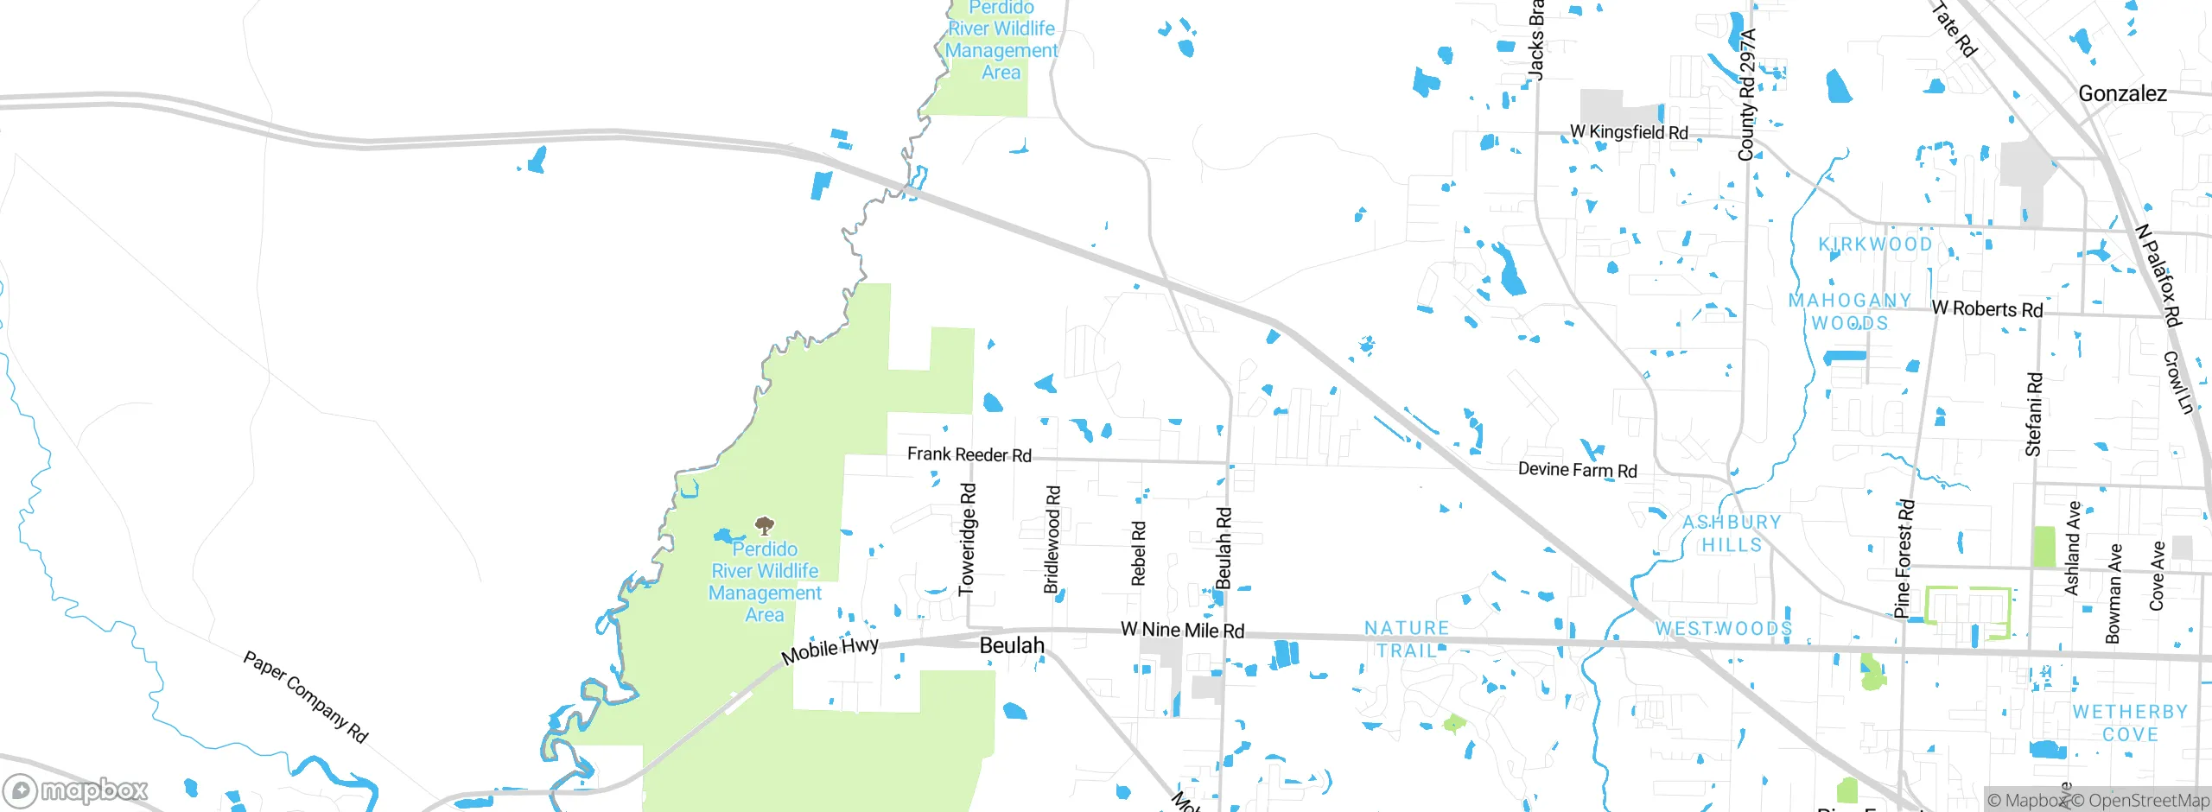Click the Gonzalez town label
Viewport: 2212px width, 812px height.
coord(2122,94)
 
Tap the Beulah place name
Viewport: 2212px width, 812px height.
coord(1012,646)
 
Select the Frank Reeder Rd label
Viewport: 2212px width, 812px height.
coord(969,454)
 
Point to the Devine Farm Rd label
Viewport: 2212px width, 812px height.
coord(1577,470)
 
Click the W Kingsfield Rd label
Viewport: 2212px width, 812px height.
coord(1629,132)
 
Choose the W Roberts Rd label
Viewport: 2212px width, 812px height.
coord(1986,308)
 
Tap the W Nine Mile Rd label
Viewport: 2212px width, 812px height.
coord(1182,630)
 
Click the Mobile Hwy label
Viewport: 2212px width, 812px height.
coord(829,650)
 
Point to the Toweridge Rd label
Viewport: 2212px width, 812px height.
coord(968,539)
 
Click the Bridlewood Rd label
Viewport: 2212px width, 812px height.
coord(1052,539)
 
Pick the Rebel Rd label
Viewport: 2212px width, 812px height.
coord(1138,553)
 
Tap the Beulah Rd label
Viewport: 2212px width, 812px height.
coord(1223,549)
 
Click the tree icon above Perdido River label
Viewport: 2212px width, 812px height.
coord(764,525)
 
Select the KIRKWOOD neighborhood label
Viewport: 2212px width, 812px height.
coord(1875,244)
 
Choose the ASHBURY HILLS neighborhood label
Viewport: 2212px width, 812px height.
coord(1732,533)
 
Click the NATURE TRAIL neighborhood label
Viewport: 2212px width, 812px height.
coord(1407,639)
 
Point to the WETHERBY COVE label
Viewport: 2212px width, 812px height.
coord(2130,723)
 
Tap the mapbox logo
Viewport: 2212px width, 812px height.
coord(76,790)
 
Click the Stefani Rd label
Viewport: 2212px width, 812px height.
coord(2034,415)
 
